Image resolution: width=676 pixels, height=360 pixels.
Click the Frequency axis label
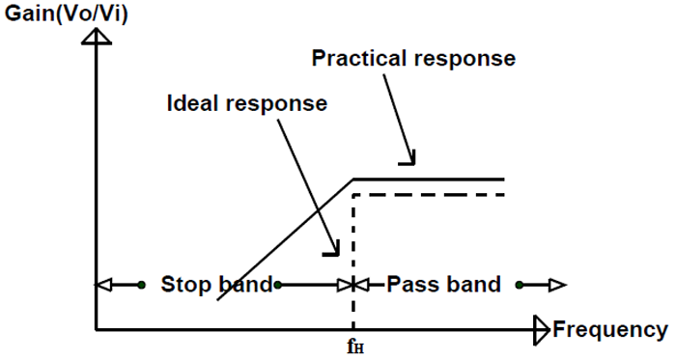608,330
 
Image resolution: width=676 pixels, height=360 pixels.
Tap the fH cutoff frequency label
355,345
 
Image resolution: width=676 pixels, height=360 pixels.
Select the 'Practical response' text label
413,58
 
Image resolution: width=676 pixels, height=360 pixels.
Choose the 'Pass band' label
443,285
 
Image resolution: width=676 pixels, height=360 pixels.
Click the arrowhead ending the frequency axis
541,330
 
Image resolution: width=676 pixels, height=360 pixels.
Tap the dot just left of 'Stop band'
141,285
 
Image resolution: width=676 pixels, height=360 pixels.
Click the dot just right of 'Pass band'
520,285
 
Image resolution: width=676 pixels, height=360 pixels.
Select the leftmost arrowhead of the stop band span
102,285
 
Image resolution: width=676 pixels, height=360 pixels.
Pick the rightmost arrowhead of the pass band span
559,285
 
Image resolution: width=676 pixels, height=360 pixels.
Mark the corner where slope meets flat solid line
353,179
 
